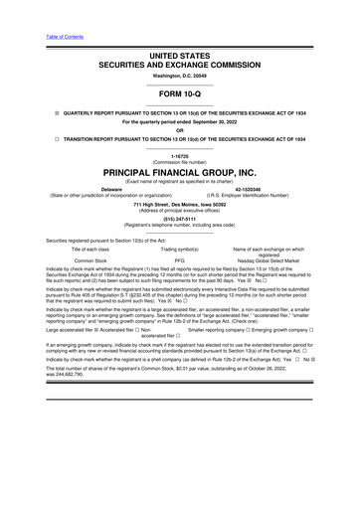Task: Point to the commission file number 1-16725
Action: click(179, 157)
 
